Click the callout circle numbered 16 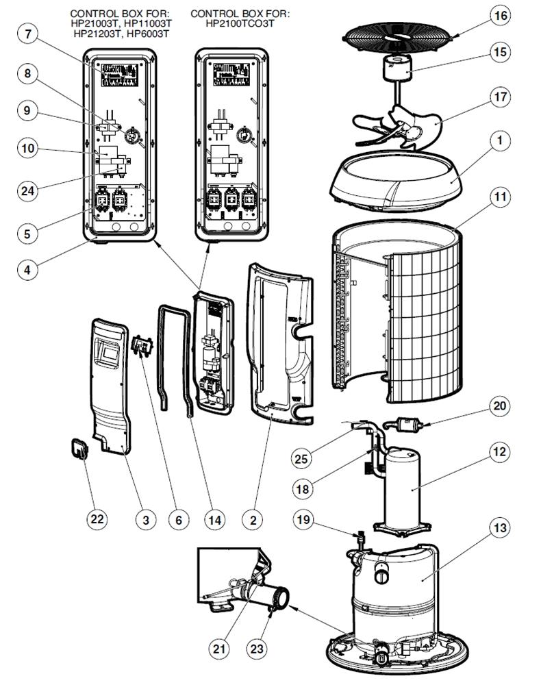502,15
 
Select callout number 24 27,191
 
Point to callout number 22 97,520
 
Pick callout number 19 304,520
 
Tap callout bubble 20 499,405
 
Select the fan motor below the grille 395,69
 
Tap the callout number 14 215,520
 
